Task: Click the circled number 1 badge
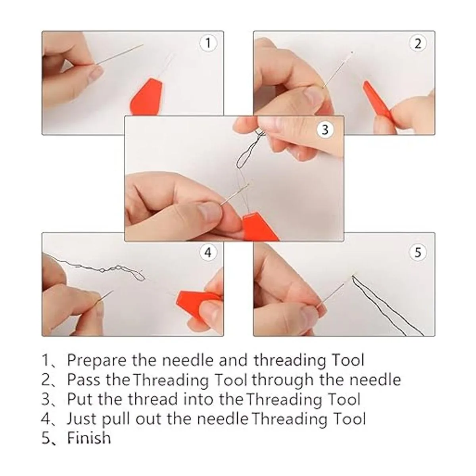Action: click(x=208, y=43)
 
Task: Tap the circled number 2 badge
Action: click(x=417, y=44)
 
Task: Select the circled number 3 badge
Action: click(x=325, y=130)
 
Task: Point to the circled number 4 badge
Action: click(x=208, y=252)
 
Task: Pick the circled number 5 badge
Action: click(x=417, y=252)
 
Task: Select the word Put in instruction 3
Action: click(x=80, y=399)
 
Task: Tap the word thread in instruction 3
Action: click(x=153, y=399)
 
